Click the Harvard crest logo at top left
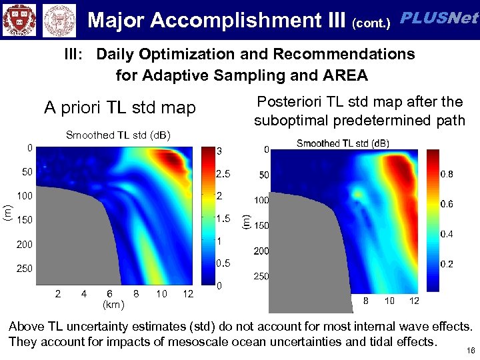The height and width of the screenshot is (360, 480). pos(19,19)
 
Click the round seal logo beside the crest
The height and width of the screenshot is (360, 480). pos(59,20)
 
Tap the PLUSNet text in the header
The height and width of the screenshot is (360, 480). pos(439,19)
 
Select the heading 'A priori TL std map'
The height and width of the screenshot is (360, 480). pos(120,107)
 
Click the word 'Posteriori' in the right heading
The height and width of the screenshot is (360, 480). pos(289,102)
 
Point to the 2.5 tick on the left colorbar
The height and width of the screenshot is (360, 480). pos(223,174)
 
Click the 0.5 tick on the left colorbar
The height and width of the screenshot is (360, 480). pos(223,263)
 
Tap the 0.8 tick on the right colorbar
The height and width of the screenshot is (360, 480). pos(447,174)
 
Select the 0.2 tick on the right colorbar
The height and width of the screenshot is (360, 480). pos(447,264)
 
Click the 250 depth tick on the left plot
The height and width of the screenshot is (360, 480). pos(25,268)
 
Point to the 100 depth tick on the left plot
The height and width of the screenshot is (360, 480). pos(25,196)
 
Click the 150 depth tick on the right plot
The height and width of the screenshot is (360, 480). pos(261,225)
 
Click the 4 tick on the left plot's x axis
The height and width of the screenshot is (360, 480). pos(83,293)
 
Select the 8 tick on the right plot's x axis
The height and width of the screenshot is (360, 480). pos(365,301)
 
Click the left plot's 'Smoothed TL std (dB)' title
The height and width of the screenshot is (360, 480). pos(118,135)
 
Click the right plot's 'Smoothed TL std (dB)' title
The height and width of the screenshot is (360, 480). pos(343,143)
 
